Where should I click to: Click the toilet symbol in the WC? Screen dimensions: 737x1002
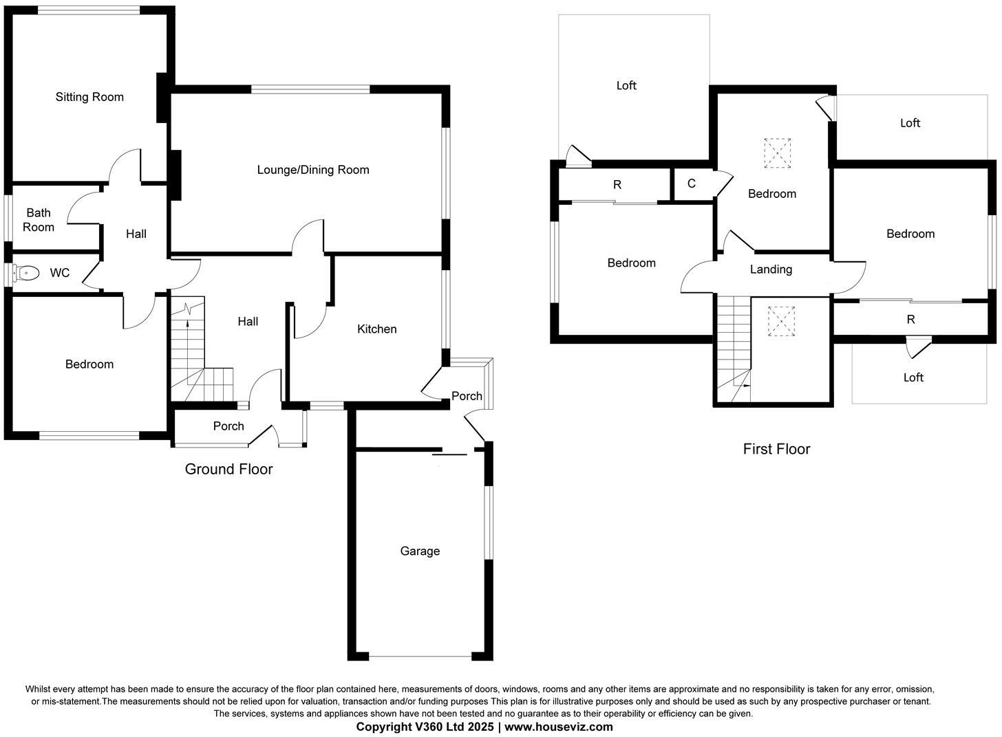click(x=26, y=274)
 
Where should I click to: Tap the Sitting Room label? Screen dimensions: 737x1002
click(x=89, y=97)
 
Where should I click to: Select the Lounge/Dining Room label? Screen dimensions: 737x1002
click(x=313, y=170)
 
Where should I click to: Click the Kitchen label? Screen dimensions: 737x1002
click(x=376, y=329)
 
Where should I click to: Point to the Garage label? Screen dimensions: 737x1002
click(x=420, y=551)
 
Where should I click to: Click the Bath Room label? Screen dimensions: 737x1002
click(x=39, y=220)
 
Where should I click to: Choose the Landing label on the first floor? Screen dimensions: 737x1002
click(x=771, y=269)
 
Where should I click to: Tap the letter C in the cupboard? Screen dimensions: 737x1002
click(x=692, y=184)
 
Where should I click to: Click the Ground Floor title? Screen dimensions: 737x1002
click(x=228, y=469)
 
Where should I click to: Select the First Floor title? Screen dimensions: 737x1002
click(x=776, y=449)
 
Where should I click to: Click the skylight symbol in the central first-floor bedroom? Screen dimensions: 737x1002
click(x=777, y=153)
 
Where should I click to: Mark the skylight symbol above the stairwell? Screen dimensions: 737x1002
click(x=781, y=321)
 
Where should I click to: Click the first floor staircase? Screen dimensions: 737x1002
click(x=733, y=347)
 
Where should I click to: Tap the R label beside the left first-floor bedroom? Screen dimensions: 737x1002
click(x=617, y=185)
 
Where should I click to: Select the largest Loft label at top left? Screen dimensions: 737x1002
click(x=626, y=85)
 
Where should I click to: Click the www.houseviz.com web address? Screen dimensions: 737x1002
click(x=558, y=727)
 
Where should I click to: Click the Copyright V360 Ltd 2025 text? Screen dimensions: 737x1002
click(x=425, y=727)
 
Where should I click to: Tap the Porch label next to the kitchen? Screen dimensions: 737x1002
click(x=467, y=396)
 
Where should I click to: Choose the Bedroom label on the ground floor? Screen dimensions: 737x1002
click(x=89, y=364)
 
